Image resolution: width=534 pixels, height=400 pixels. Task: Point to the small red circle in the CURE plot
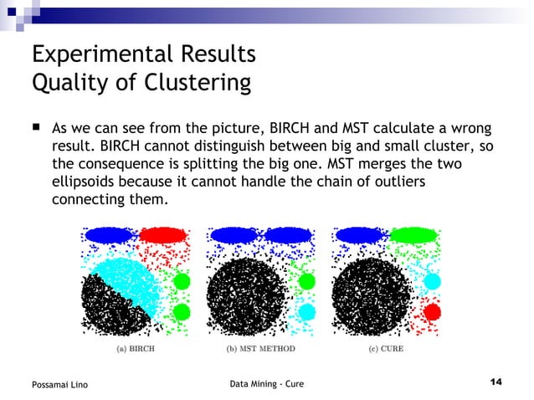[x=432, y=312]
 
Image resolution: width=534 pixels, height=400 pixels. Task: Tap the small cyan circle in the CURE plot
[x=432, y=281]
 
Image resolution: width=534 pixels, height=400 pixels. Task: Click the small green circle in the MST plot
[x=306, y=281]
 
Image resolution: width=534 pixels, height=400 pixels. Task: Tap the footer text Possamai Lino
[x=59, y=384]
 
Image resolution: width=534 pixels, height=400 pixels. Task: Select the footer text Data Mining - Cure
[x=266, y=383]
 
